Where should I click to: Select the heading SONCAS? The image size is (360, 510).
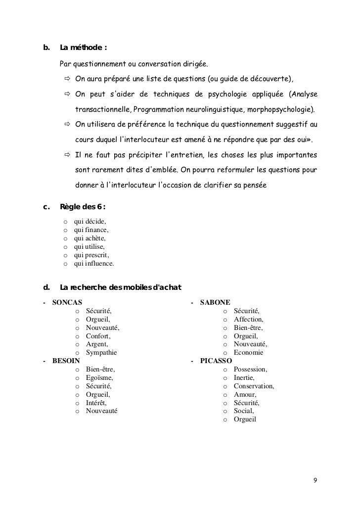(67, 302)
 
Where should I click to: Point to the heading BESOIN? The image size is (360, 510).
(66, 361)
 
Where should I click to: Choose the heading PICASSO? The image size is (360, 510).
(217, 361)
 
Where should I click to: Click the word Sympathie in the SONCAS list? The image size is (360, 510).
(101, 353)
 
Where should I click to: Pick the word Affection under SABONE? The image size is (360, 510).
(249, 319)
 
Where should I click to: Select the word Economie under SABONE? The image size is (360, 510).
(249, 353)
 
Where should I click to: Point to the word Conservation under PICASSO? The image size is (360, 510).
(254, 386)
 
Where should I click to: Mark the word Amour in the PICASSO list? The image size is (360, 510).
(245, 395)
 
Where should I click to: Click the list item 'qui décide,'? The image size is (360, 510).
(90, 222)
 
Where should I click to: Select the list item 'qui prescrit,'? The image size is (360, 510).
(91, 255)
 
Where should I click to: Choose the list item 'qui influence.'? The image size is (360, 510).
(93, 264)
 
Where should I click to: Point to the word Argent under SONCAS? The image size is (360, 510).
(97, 344)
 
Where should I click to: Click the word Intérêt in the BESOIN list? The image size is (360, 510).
(96, 403)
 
